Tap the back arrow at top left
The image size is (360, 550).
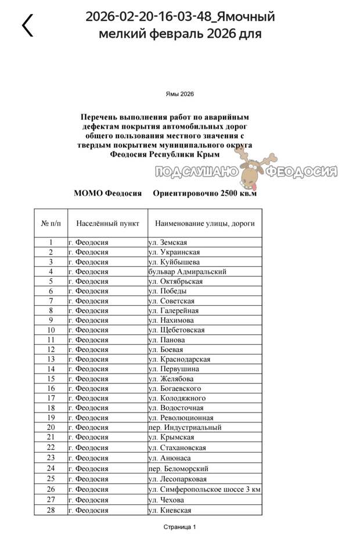pos(27,25)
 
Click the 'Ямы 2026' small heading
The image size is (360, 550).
pos(179,94)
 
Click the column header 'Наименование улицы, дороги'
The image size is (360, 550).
pos(204,223)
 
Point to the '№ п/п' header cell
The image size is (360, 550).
pos(51,223)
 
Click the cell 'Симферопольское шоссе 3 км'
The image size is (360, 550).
pos(204,490)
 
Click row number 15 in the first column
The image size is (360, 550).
pos(51,379)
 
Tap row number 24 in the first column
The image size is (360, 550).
pos(51,468)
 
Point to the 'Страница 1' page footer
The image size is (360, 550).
pos(179,527)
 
